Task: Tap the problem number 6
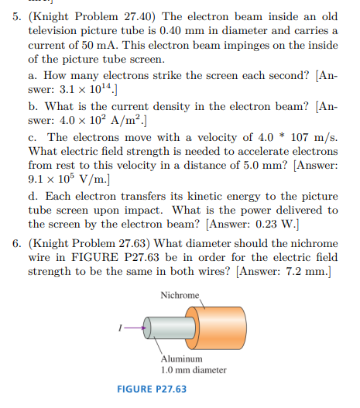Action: tap(17, 244)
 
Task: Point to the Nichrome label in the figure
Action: tap(180, 295)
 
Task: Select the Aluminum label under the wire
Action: tap(182, 359)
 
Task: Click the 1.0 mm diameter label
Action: tap(194, 369)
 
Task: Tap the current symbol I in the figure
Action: tap(121, 327)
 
